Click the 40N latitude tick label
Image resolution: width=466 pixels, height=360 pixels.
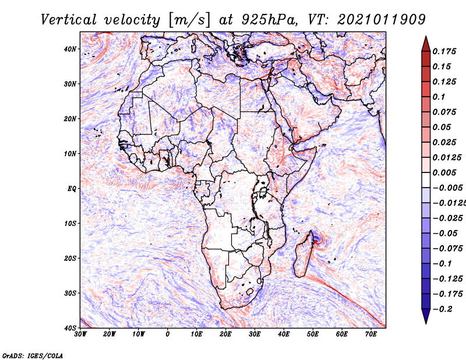70,49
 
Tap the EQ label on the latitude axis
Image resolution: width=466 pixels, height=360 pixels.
72,189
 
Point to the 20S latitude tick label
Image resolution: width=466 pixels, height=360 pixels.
70,258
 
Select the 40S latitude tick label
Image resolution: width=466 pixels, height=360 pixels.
70,328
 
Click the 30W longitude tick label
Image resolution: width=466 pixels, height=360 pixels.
80,334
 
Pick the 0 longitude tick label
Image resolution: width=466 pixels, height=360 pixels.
168,334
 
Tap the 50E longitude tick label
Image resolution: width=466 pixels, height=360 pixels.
313,334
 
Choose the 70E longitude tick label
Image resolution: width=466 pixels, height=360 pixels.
371,334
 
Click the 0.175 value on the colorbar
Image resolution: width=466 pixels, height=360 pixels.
444,51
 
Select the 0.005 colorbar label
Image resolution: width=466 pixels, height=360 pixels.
444,172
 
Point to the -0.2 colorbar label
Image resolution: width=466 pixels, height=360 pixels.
443,309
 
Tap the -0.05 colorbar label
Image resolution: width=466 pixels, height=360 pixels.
445,233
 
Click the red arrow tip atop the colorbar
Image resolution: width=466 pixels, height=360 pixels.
426,37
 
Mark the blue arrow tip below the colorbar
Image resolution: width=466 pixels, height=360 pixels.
426,323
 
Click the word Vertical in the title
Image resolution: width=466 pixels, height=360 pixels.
69,20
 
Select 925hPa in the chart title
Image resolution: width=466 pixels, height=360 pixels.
269,20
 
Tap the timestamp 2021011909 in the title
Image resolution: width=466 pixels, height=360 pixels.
382,20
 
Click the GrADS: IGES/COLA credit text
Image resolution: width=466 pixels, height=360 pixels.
33,355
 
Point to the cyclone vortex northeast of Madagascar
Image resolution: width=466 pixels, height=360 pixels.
318,239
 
